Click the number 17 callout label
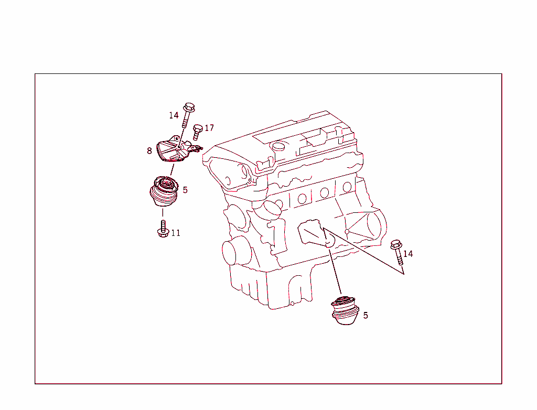pos(209,128)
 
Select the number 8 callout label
pos(149,151)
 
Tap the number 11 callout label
pos(176,233)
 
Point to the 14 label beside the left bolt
pos(174,115)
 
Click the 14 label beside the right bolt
pos(408,254)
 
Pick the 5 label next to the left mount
pos(185,190)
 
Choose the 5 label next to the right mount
pos(366,316)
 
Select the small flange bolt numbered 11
pos(163,230)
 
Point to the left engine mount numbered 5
pos(164,193)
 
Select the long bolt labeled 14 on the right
pos(397,251)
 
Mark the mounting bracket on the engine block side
pos(313,234)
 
